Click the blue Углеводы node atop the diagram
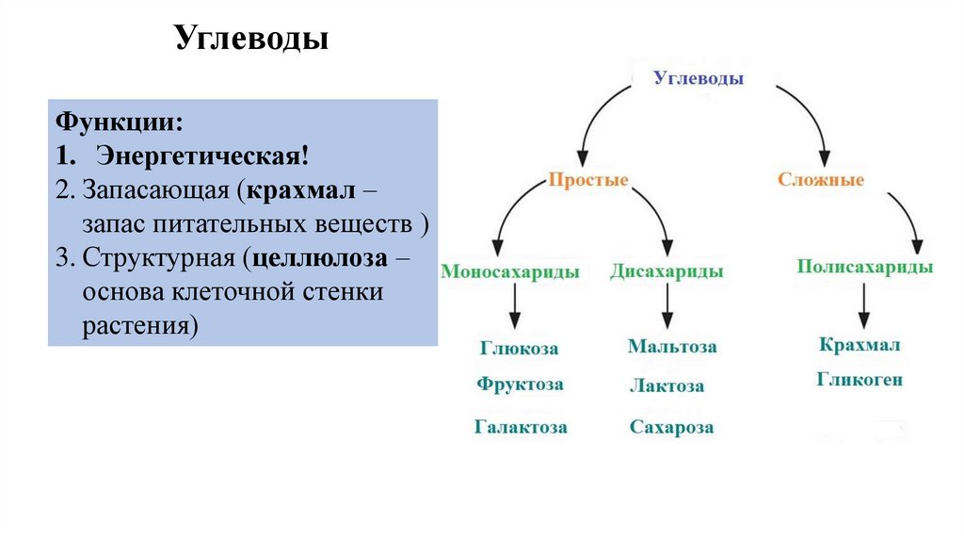pyautogui.click(x=699, y=79)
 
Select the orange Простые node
pyautogui.click(x=588, y=179)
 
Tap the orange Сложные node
pyautogui.click(x=820, y=179)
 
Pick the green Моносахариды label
pyautogui.click(x=509, y=272)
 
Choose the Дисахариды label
pyautogui.click(x=667, y=272)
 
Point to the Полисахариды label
pyautogui.click(x=865, y=267)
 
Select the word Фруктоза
pyautogui.click(x=520, y=385)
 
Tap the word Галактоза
pyautogui.click(x=521, y=427)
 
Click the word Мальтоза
pyautogui.click(x=672, y=347)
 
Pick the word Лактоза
pyautogui.click(x=667, y=386)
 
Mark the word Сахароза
pyautogui.click(x=671, y=428)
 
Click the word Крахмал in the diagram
pyautogui.click(x=860, y=345)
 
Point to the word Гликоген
pyautogui.click(x=860, y=380)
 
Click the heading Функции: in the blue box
pyautogui.click(x=119, y=123)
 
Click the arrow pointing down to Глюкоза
pyautogui.click(x=515, y=308)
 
